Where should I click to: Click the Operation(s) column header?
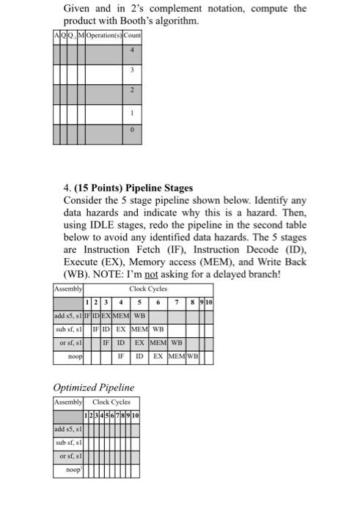[x=103, y=35]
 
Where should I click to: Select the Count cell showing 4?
[x=132, y=51]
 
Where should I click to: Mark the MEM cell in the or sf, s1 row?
[x=158, y=343]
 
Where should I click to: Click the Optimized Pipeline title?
[x=94, y=387]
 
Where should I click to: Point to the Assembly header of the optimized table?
[x=69, y=402]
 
